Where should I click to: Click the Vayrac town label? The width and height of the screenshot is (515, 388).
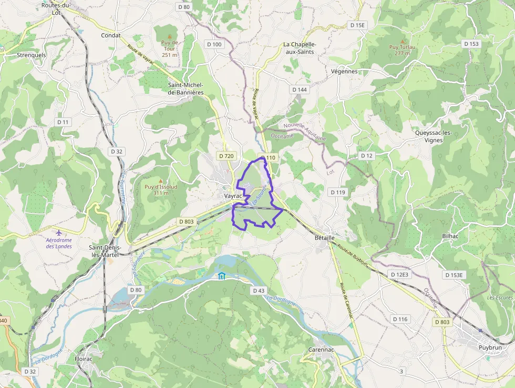point(233,196)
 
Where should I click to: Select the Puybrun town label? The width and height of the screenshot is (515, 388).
point(490,347)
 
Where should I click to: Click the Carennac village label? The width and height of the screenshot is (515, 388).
point(322,350)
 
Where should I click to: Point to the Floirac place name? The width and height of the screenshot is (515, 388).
point(84,359)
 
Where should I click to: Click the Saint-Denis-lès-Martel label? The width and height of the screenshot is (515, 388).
point(105,251)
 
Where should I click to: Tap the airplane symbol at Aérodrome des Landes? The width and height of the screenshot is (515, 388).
point(58,232)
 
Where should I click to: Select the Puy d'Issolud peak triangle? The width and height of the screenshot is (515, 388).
point(161,180)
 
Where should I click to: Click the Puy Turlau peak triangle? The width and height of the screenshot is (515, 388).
point(403,41)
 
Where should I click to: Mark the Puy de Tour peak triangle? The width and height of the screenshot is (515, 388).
point(169,36)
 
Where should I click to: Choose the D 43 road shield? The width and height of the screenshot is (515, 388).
point(258,291)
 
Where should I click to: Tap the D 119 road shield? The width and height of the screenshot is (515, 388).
point(338,192)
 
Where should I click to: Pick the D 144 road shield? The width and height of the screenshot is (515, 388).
point(300,89)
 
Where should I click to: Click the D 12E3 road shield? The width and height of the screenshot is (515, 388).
point(399,275)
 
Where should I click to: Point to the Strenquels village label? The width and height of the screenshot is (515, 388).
point(32,55)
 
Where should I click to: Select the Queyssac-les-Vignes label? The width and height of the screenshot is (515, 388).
point(433,136)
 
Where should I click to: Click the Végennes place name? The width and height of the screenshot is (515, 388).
point(345,71)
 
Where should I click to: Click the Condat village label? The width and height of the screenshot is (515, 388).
point(111,35)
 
